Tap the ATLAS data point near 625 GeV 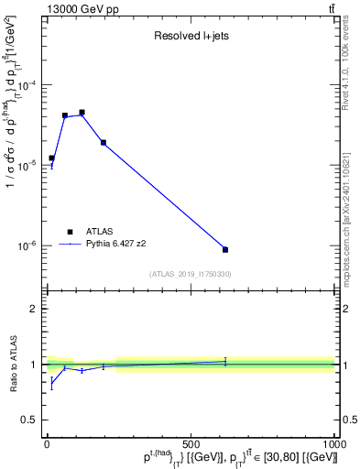(225, 249)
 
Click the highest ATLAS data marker (82, 113)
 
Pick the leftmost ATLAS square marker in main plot (52, 158)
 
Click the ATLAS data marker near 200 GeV (104, 142)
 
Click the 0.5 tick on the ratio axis (33, 420)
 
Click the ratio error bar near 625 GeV (225, 362)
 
